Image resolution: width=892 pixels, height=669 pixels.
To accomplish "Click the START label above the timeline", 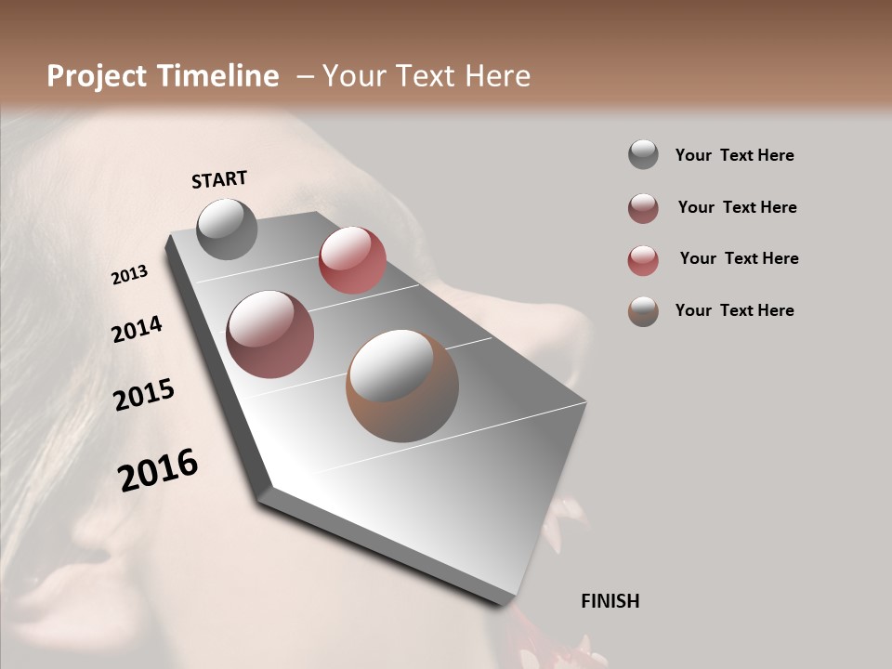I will point(219,179).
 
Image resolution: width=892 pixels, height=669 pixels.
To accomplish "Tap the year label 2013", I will point(129,275).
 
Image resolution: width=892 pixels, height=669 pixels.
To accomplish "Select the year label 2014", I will point(137,330).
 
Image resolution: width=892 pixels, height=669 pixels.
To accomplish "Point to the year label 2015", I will point(143,396).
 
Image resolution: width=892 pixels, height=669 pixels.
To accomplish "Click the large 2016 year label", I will point(158,470).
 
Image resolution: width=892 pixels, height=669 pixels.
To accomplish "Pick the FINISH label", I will point(610,601).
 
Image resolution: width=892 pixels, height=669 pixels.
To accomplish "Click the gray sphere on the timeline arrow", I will point(227,229).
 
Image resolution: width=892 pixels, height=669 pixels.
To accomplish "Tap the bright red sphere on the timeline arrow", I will point(352,260).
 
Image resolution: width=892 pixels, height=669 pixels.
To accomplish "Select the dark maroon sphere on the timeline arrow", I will point(269,334).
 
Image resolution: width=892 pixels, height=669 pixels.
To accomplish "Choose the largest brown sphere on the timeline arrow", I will point(401,386).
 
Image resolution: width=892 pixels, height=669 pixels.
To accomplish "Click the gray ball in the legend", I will point(643,155).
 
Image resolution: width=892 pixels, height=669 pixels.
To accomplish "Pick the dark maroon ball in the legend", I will point(643,208).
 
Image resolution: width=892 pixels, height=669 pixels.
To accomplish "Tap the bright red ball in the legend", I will point(643,260).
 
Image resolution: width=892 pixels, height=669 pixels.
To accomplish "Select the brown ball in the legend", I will point(643,311).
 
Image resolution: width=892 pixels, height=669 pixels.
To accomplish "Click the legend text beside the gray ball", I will point(734,155).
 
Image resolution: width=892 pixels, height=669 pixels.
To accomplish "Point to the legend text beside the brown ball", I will point(734,310).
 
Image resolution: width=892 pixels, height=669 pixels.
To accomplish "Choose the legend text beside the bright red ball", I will point(739,258).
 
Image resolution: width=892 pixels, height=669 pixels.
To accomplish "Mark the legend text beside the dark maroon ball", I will point(737,207).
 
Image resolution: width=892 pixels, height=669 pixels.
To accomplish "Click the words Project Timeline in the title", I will point(163,76).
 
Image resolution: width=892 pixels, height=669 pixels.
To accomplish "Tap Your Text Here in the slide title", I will point(426,76).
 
